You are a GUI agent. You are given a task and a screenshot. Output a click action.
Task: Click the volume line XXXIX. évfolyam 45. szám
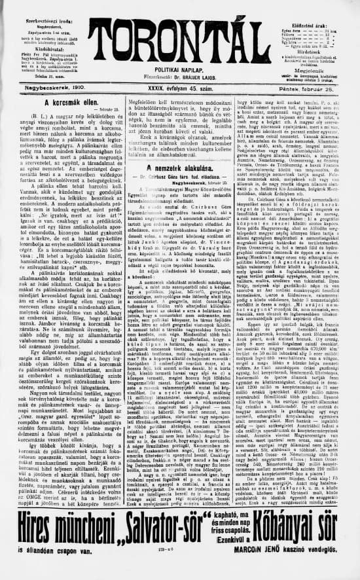pyautogui.click(x=179, y=86)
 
